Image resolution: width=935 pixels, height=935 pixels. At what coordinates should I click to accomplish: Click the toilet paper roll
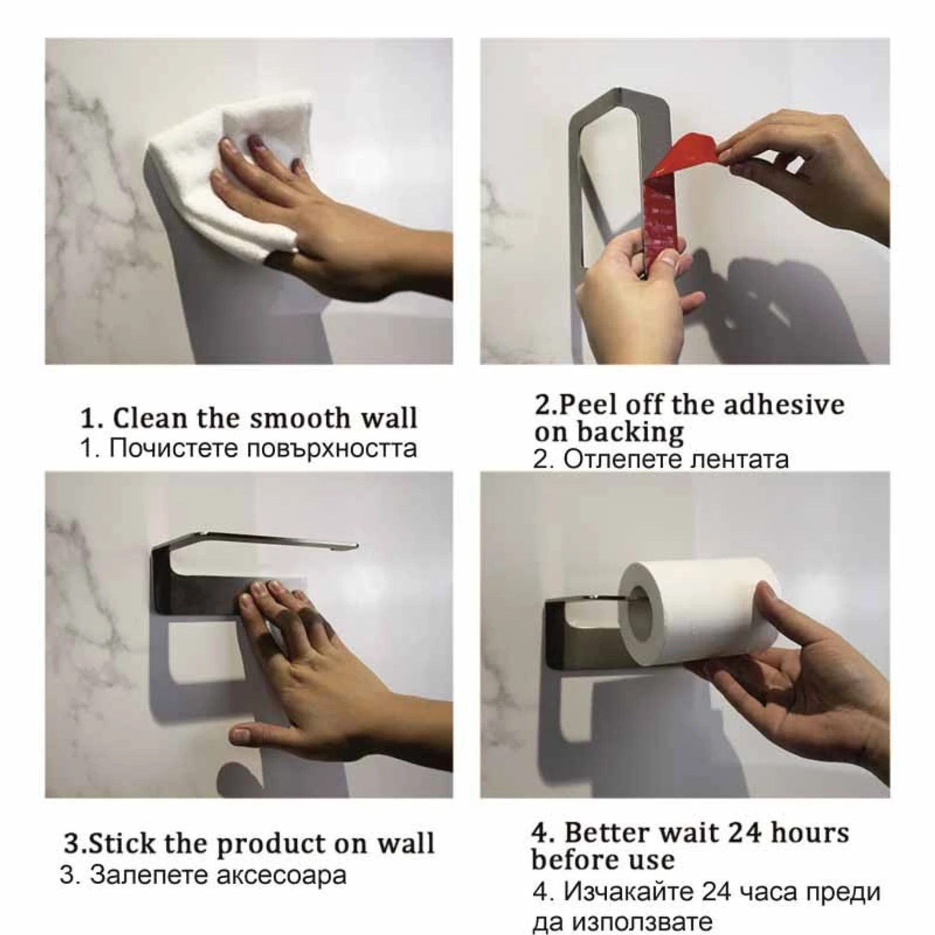[698, 611]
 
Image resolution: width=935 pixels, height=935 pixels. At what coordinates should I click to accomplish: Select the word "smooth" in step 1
[300, 418]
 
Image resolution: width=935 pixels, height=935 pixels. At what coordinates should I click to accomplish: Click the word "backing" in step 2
[631, 432]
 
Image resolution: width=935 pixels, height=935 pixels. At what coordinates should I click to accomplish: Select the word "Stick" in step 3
[122, 844]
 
